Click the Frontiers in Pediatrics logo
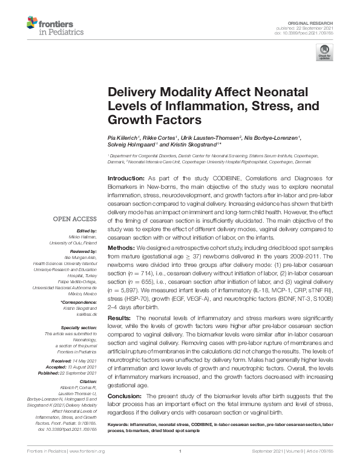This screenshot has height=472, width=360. [x=49, y=26]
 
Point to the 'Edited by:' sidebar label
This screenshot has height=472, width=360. [x=88, y=231]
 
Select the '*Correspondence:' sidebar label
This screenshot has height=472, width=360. [x=80, y=301]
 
